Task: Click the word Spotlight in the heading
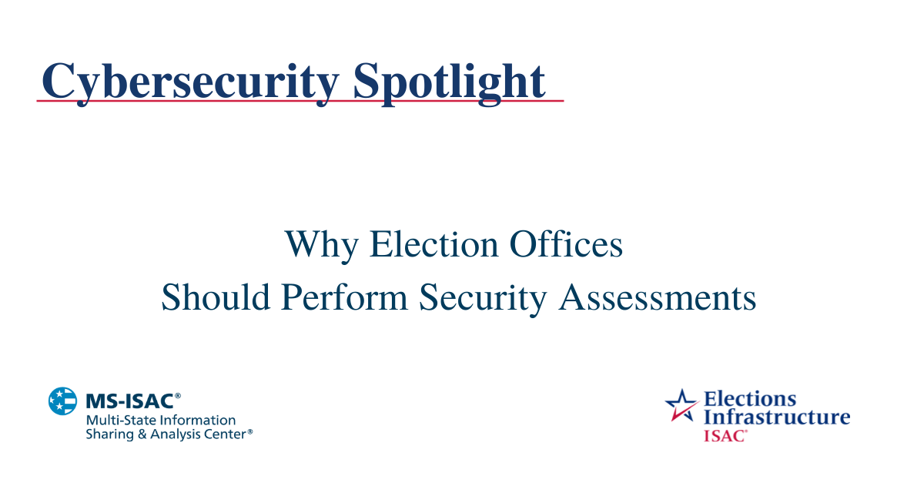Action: point(450,80)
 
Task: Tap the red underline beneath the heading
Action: point(300,101)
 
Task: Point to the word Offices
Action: point(567,245)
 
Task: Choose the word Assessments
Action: point(658,297)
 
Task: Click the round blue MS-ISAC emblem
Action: point(62,401)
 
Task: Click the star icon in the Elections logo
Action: point(681,404)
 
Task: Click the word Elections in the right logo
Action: point(749,399)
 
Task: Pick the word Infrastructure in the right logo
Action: point(776,418)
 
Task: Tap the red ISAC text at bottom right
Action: point(723,435)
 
